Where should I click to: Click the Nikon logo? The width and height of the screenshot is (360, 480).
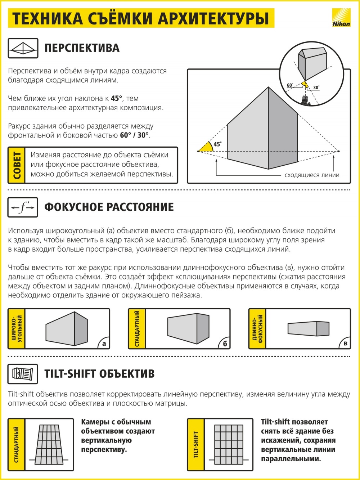click(x=341, y=18)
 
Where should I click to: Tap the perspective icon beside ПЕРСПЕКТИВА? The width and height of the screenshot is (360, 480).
click(x=23, y=48)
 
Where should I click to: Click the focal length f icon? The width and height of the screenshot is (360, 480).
click(x=23, y=207)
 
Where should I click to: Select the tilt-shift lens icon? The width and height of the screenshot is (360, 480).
click(x=23, y=374)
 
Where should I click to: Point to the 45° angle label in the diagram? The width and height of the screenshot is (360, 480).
click(x=217, y=144)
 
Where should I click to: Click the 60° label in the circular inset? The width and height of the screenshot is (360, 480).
click(x=290, y=85)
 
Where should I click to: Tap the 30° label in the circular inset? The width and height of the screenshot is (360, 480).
click(x=316, y=88)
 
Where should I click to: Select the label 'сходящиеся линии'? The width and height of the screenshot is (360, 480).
click(x=312, y=175)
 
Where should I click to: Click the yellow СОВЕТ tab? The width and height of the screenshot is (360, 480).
click(x=17, y=165)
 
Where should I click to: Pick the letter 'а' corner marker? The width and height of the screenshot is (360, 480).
click(x=104, y=344)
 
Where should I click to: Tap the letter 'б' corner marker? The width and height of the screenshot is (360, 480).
click(x=225, y=344)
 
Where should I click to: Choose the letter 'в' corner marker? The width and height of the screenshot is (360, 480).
click(x=345, y=344)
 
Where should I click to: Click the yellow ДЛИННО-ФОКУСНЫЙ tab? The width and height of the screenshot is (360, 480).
click(x=257, y=328)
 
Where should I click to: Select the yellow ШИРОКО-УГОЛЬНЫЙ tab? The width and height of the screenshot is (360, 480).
click(x=17, y=328)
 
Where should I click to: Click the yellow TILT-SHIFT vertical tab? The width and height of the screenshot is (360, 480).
click(x=196, y=444)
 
